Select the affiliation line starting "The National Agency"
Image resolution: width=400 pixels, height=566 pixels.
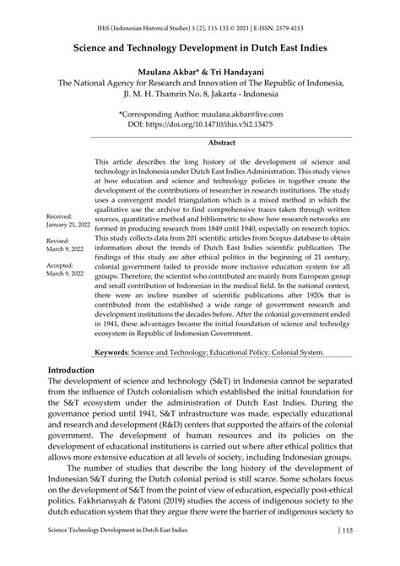[x=200, y=84]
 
